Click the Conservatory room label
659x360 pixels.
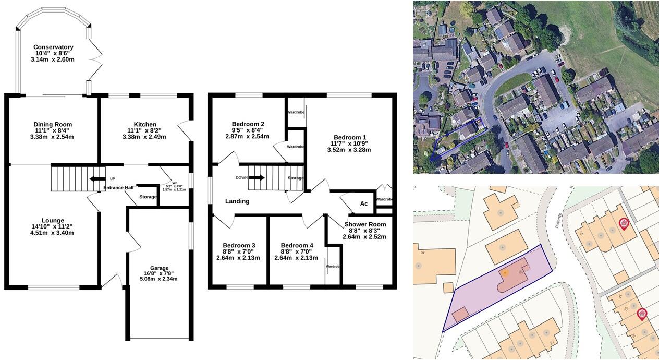tap(53, 47)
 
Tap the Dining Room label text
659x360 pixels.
tap(52, 124)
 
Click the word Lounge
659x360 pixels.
tap(52, 220)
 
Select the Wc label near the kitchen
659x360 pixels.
tap(175, 183)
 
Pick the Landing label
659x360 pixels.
tap(237, 201)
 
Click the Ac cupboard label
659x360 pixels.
tap(364, 203)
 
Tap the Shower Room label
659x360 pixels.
tap(365, 224)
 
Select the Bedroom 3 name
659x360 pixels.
tap(239, 245)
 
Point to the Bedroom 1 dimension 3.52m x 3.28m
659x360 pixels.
tap(349, 150)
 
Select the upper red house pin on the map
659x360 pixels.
tap(623, 224)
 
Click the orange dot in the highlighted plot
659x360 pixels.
tap(505, 273)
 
